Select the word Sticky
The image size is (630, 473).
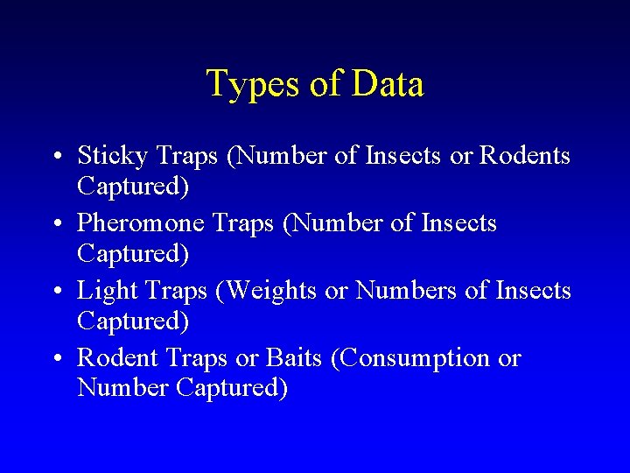(x=113, y=157)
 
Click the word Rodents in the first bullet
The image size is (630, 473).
(x=526, y=156)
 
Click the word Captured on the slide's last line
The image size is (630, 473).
(x=231, y=387)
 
